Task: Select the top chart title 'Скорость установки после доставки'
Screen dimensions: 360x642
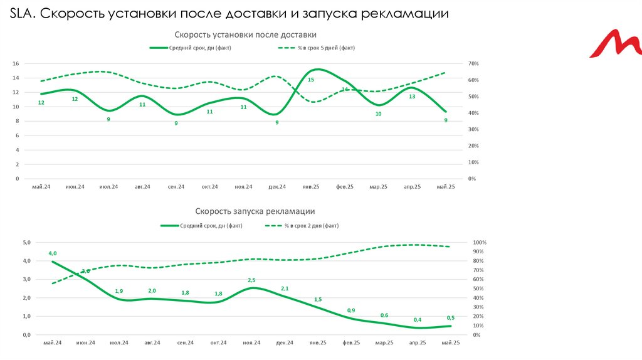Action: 245,34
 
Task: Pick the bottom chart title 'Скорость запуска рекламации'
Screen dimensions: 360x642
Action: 255,211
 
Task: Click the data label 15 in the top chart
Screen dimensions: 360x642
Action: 310,80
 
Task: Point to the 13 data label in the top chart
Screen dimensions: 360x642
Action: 412,97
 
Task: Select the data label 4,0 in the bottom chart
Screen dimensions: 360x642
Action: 53,253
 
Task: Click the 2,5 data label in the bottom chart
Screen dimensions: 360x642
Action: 251,280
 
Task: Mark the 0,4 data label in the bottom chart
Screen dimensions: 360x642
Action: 418,320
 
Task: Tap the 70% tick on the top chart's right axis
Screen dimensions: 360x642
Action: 473,64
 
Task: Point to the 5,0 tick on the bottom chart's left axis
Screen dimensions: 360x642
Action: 27,242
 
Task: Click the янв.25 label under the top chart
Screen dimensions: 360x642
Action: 311,187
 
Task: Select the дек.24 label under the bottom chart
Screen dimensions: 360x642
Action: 285,342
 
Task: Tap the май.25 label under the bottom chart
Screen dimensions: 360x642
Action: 451,342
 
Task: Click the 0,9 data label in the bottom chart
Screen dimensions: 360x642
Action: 350,310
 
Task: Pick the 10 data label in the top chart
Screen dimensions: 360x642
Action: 378,114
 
